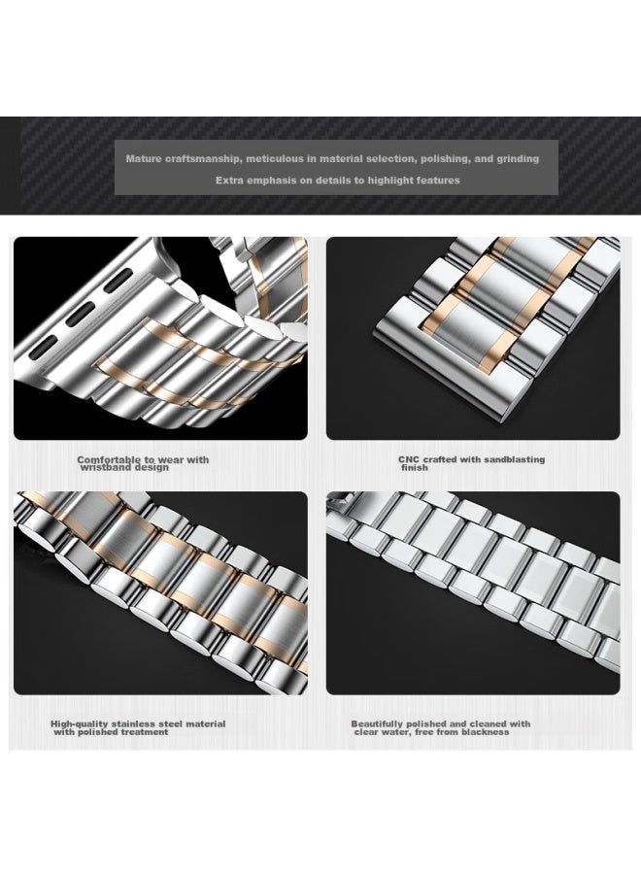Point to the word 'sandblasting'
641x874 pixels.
point(514,460)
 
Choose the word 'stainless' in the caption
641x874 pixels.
point(134,724)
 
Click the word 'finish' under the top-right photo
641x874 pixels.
point(415,468)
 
